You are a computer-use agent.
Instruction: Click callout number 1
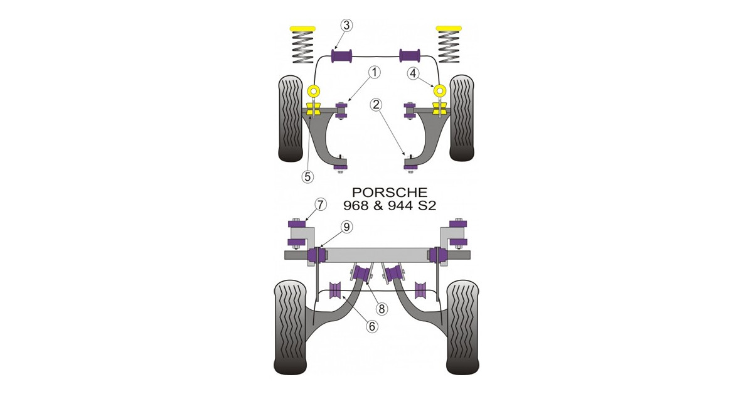374,73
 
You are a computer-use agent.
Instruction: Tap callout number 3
347,25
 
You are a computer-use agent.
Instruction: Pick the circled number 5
307,177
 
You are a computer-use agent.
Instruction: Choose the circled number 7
320,204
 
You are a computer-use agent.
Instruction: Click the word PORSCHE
390,192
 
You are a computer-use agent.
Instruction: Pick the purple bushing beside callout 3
342,56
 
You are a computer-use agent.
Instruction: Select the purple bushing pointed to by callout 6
336,290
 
